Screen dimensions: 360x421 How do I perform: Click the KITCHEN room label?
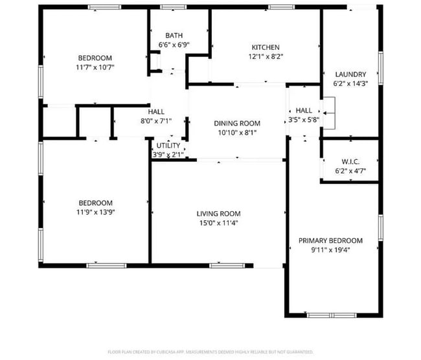tap(266, 47)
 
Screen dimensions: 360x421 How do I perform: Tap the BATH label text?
tap(174, 36)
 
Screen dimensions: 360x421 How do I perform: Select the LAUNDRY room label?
tap(350, 74)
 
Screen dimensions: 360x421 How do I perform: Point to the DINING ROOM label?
tap(237, 124)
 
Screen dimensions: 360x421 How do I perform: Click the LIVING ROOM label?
tap(218, 214)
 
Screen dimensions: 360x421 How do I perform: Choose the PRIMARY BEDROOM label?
tap(330, 241)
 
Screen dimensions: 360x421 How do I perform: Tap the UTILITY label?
tap(168, 146)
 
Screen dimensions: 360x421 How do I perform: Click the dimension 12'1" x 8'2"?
tap(266, 56)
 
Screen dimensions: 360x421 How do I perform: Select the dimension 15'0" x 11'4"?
tap(218, 223)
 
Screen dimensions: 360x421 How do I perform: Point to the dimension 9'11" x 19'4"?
tap(330, 250)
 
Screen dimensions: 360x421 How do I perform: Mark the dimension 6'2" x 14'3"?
tap(350, 84)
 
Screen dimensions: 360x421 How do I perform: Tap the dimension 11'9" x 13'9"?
tap(96, 212)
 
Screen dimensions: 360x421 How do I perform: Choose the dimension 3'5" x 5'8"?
tap(304, 119)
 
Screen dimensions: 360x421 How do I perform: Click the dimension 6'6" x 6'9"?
tap(174, 45)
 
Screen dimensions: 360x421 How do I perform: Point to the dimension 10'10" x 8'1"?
tap(237, 133)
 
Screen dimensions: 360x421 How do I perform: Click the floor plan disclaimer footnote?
tap(210, 352)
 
